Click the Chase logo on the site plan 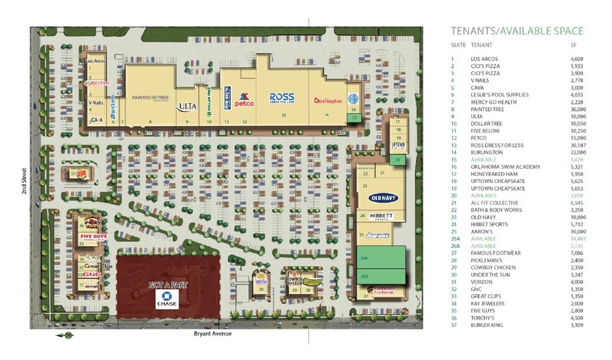(x=166, y=299)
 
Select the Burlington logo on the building (x=328, y=101)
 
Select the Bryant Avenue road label (x=213, y=334)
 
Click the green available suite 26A (x=381, y=257)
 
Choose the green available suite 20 (x=397, y=160)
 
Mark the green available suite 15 (x=354, y=117)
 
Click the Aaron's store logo (x=377, y=236)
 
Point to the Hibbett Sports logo (x=381, y=216)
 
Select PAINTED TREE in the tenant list (x=486, y=109)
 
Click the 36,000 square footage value (x=578, y=109)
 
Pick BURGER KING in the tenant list (x=486, y=325)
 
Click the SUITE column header (x=458, y=45)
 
